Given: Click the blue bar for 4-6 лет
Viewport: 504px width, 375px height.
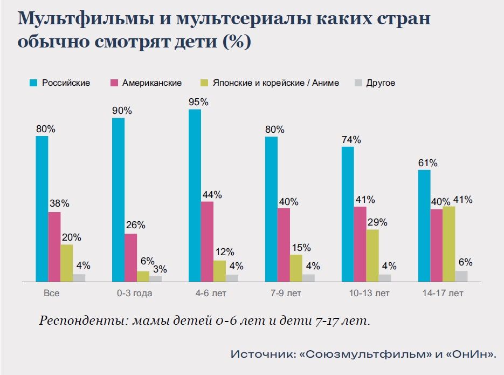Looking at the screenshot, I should tap(195, 195).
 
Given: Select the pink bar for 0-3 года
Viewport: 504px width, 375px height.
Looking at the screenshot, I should tap(131, 257).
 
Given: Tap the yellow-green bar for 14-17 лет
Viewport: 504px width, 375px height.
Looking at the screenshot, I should tap(448, 244).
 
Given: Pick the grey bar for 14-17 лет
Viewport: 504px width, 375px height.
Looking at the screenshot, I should tap(461, 276).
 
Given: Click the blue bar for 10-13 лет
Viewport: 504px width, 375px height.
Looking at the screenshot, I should tap(348, 214).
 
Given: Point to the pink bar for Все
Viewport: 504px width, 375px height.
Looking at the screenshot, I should tap(54, 247).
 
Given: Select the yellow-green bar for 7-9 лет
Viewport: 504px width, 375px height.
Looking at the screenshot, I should tap(296, 268).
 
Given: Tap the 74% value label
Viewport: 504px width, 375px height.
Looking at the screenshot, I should tap(351, 139).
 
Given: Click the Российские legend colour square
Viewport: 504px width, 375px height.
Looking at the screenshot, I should tap(33, 83).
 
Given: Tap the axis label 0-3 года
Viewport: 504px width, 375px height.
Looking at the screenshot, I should tap(134, 294).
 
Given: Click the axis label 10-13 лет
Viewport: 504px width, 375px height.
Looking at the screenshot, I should tap(369, 294).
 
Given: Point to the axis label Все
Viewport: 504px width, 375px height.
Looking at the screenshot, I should tap(51, 294).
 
